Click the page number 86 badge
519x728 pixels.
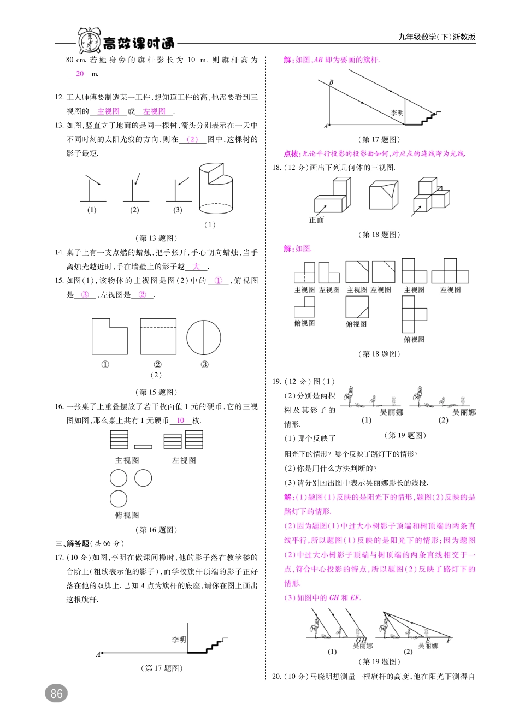click(56, 694)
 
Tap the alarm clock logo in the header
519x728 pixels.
click(89, 41)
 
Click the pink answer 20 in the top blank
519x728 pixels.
click(80, 74)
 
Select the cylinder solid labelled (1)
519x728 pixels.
click(216, 188)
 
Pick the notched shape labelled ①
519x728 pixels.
click(109, 337)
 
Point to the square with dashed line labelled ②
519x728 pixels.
click(158, 337)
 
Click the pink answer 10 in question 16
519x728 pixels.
click(180, 421)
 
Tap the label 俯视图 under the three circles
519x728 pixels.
click(127, 515)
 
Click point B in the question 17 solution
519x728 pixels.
click(331, 82)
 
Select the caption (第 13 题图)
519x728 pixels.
click(156, 238)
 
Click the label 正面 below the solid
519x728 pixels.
click(316, 220)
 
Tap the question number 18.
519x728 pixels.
click(276, 168)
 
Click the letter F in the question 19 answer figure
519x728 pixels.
click(449, 640)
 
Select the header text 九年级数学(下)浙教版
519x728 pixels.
click(437, 37)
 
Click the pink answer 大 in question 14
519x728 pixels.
click(196, 267)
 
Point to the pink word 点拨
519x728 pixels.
click(291, 153)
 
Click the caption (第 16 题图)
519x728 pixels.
click(156, 530)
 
